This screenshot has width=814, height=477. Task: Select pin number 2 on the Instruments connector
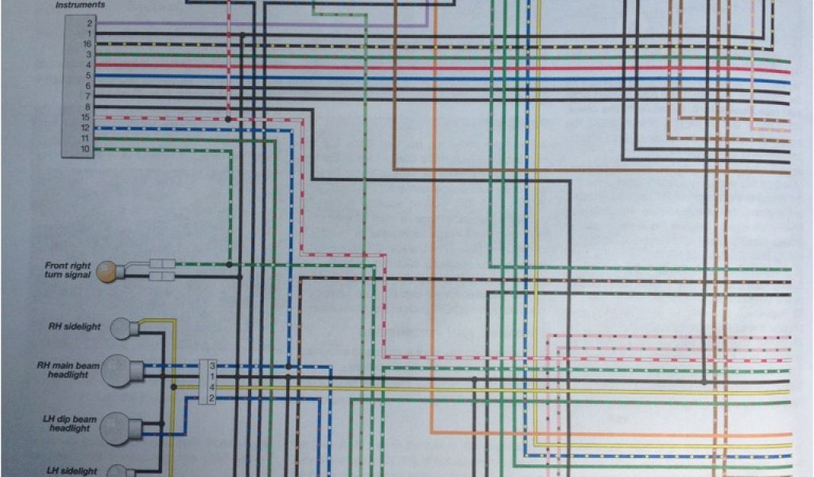(x=89, y=24)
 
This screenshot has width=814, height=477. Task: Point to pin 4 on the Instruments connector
(x=89, y=65)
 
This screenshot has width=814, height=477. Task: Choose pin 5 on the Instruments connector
(x=89, y=76)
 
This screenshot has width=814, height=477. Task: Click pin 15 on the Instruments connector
(x=87, y=118)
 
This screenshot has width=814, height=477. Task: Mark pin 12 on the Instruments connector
(x=87, y=128)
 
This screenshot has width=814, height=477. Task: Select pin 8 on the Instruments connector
(x=89, y=107)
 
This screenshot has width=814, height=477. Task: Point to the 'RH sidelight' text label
(x=70, y=326)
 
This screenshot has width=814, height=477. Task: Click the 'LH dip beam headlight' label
(x=69, y=424)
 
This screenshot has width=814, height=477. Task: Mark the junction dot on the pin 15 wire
(x=228, y=119)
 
